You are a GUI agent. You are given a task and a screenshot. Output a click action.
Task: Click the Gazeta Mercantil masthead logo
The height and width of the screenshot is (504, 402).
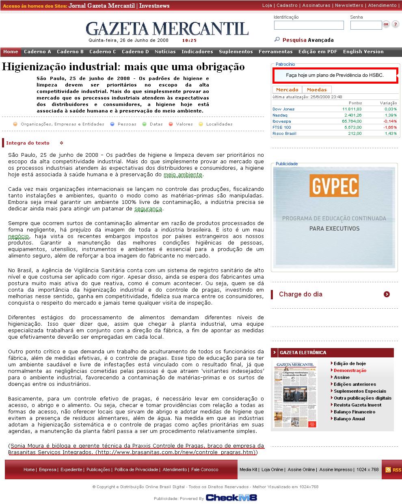click(x=167, y=28)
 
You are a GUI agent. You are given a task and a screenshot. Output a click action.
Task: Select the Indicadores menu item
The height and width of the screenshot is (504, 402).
click(x=197, y=52)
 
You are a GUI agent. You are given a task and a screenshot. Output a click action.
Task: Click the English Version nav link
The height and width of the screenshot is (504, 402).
click(x=363, y=52)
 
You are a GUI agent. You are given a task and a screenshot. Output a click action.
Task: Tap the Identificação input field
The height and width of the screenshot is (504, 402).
click(x=309, y=25)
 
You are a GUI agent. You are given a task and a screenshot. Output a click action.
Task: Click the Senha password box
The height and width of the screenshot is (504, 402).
click(x=366, y=25)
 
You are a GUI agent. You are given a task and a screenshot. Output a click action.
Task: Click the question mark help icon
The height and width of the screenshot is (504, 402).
click(x=395, y=25)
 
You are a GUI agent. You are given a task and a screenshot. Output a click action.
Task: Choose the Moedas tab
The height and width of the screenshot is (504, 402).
click(x=317, y=90)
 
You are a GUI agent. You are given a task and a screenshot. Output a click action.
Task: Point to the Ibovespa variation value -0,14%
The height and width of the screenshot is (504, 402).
click(x=390, y=121)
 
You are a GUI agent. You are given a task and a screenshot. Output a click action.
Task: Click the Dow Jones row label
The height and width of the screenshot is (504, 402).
click(x=283, y=109)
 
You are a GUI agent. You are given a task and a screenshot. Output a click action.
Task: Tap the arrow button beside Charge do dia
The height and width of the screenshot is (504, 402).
click(x=387, y=294)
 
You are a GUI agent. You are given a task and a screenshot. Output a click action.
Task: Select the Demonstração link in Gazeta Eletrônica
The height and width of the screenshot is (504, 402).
click(x=350, y=370)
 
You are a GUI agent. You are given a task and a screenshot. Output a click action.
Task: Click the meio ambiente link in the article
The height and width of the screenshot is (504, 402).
click(x=183, y=175)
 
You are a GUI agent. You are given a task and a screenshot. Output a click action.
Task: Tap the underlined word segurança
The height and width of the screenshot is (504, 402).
click(x=148, y=209)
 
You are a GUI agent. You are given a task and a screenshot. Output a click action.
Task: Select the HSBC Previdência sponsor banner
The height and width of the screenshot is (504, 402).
click(x=335, y=75)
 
